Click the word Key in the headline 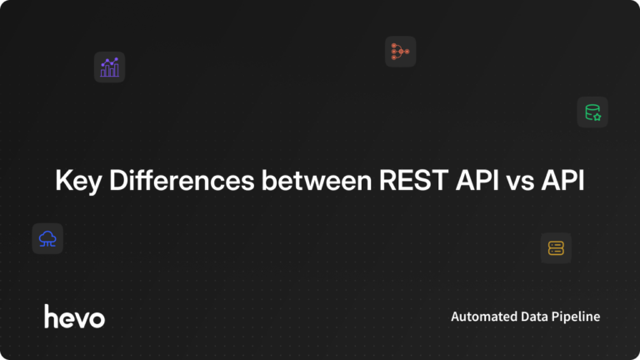pos(74,182)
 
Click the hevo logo pos(74,316)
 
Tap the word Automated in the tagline pos(481,317)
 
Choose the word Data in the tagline pos(533,317)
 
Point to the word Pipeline pos(577,317)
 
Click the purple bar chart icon pos(109,67)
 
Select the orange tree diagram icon pos(400,52)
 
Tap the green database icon pos(592,112)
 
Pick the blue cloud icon pos(47,238)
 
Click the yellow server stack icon pos(556,247)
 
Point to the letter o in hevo pos(97,317)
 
